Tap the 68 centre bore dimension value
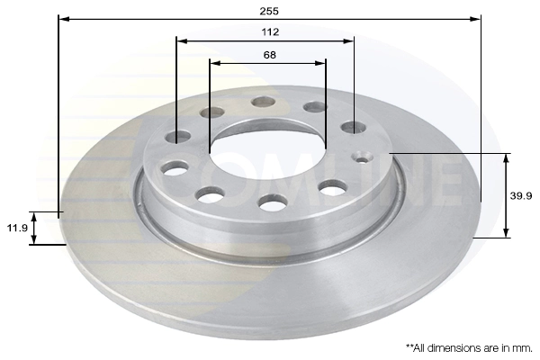269,55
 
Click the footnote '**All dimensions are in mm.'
469,346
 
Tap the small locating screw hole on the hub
364,158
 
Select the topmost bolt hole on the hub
264,102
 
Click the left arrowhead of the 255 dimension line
63,17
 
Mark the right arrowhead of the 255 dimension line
476,17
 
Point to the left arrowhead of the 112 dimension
181,40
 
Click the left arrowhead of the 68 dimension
214,64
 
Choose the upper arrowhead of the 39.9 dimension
506,158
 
